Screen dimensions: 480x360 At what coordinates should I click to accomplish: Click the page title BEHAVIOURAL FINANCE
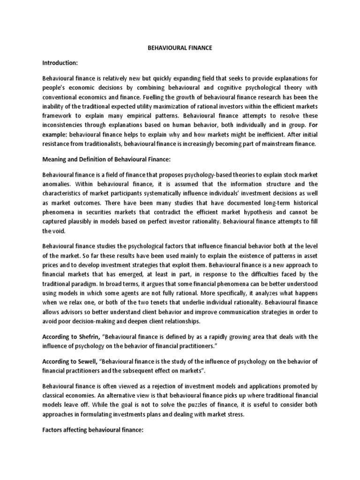(180, 47)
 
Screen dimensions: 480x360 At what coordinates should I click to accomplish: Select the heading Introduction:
(60, 62)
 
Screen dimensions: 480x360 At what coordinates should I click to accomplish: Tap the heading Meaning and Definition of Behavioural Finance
(111, 159)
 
